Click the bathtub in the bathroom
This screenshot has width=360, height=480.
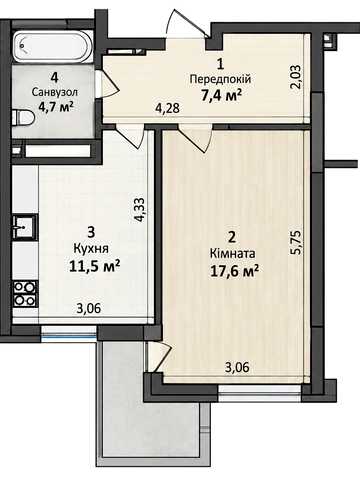tap(51, 46)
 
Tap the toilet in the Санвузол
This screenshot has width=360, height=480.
tap(23, 119)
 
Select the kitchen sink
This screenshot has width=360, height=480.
tap(24, 227)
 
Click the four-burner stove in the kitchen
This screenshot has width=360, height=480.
tap(25, 293)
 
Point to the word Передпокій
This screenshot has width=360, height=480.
tap(220, 80)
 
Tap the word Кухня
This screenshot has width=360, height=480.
tap(91, 248)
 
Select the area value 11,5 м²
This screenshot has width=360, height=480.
tap(95, 266)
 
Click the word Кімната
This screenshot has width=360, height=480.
tap(233, 254)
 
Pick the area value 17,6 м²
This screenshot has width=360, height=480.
tap(234, 271)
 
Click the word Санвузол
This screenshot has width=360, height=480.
tap(55, 92)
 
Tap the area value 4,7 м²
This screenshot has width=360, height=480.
tap(56, 108)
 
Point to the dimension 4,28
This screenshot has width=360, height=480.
tap(168, 108)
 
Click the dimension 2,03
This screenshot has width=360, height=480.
tap(296, 77)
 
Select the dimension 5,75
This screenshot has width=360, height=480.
tap(296, 243)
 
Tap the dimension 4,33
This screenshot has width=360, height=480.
tap(139, 210)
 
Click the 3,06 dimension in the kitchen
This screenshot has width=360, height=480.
tap(88, 309)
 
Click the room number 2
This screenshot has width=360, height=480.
tap(232, 237)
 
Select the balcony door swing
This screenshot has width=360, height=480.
tap(159, 357)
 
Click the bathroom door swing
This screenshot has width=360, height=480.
tap(107, 84)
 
